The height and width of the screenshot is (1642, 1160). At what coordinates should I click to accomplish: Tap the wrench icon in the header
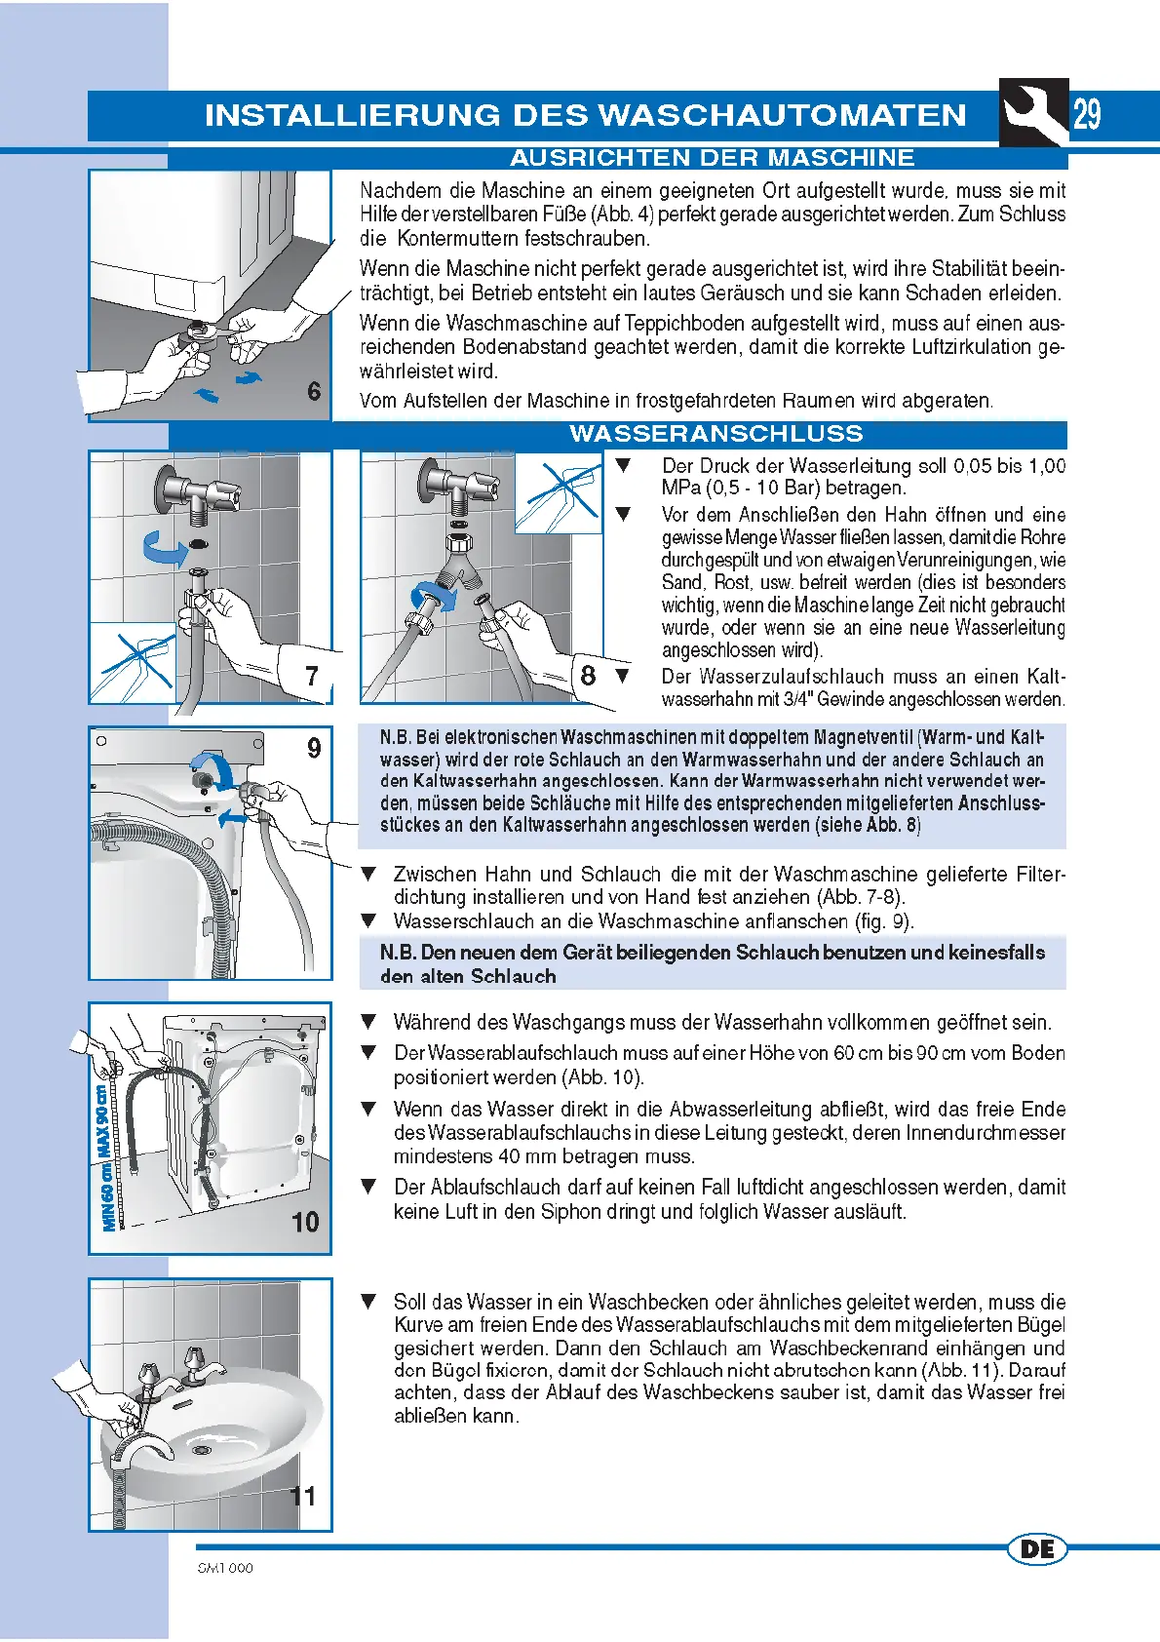[x=1033, y=112]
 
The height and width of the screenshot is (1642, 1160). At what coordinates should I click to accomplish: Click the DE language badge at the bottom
[x=1037, y=1548]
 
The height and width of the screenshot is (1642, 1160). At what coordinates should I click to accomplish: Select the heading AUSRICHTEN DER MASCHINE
[x=713, y=158]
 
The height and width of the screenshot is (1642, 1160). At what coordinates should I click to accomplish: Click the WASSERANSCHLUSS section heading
[x=716, y=434]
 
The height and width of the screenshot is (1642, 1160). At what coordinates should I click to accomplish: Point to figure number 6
[x=314, y=391]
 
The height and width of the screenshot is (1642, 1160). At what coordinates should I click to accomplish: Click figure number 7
[x=312, y=676]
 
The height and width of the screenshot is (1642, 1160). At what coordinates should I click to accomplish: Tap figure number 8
[x=588, y=675]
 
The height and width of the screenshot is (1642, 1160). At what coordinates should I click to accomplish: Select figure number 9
[x=314, y=748]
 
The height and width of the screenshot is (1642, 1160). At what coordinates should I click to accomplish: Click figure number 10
[x=305, y=1222]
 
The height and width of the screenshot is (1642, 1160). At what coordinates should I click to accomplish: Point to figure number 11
[x=303, y=1496]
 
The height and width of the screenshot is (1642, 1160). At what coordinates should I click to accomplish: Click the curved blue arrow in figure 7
[x=164, y=549]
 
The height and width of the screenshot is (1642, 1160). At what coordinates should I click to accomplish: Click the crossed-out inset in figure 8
[x=559, y=495]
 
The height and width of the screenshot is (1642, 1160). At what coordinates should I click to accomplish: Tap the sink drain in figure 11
[x=202, y=1450]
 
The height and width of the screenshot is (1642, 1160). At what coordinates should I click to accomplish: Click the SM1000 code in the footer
[x=225, y=1568]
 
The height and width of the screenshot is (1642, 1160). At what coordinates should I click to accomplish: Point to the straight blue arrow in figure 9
[x=232, y=819]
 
